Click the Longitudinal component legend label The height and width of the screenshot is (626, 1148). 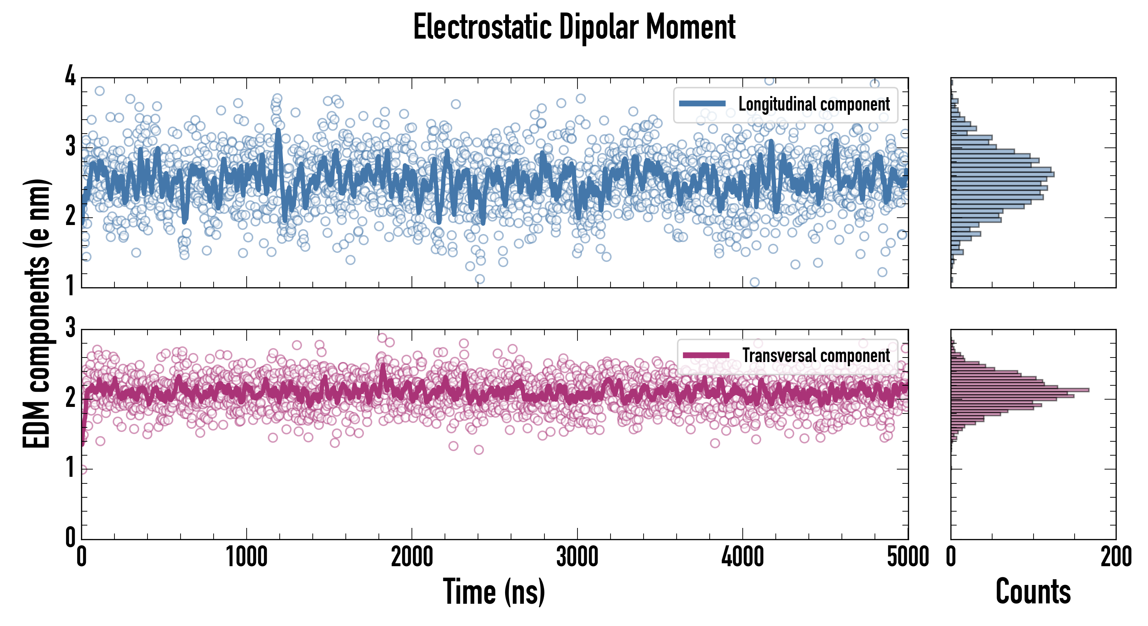point(814,104)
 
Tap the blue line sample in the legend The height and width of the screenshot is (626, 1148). point(702,104)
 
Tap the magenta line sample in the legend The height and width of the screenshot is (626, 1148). point(706,355)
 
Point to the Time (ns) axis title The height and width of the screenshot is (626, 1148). point(494,591)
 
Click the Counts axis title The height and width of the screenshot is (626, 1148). point(1033,591)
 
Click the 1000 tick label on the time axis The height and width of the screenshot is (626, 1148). point(246,557)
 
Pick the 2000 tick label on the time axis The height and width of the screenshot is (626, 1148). point(412,557)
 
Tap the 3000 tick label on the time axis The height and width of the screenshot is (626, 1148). point(577,557)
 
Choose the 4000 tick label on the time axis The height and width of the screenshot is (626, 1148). point(742,557)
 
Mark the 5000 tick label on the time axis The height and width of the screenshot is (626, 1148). point(908,557)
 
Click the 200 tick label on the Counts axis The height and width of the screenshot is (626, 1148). point(1116,557)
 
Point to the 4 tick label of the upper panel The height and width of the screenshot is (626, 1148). point(70,76)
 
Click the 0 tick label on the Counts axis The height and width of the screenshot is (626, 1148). point(950,557)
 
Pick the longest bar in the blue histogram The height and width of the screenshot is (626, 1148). point(1002,174)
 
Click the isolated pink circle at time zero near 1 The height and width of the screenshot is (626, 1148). point(82,469)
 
